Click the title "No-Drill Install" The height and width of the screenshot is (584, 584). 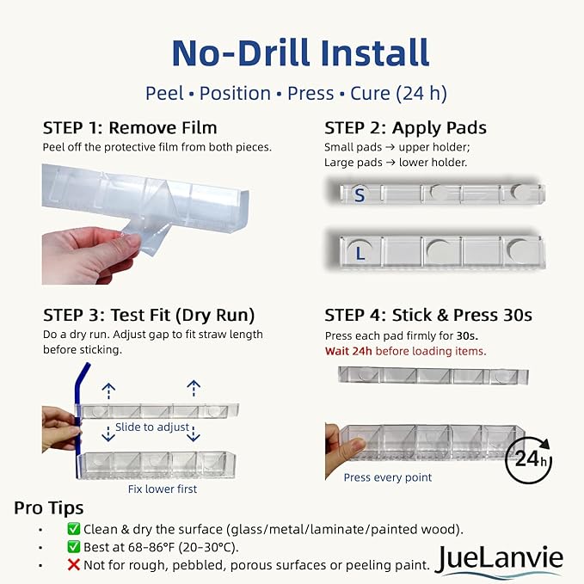point(300,52)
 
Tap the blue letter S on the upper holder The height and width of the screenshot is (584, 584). point(360,195)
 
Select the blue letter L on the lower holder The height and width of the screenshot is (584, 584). point(360,254)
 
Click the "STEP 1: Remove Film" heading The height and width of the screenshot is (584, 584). point(130,128)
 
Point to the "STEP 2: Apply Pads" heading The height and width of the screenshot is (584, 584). point(405,128)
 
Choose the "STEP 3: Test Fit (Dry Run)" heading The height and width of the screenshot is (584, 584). point(149,316)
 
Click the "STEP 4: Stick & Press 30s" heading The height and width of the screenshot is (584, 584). point(428,315)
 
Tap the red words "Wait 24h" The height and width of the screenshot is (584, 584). point(348,351)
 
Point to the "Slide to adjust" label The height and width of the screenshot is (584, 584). point(152,427)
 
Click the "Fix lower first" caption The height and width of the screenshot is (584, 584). point(163,489)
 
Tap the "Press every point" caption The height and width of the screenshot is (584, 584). point(388,477)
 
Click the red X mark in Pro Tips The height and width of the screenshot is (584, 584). point(74,565)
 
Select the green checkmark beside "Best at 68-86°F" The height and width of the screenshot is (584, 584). point(74,547)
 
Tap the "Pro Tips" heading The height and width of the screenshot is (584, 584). point(49,508)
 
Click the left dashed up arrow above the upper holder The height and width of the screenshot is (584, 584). point(108,391)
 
